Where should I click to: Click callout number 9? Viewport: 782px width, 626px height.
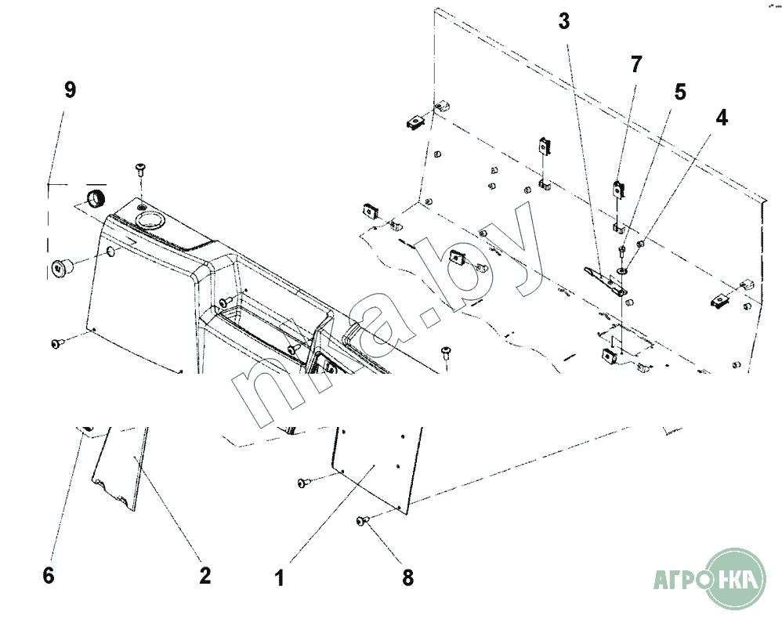click(70, 90)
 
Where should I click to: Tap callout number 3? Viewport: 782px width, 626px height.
click(564, 21)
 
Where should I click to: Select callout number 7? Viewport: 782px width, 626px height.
click(636, 64)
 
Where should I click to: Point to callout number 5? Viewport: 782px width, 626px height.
click(680, 92)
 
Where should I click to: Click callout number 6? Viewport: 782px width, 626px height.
click(49, 576)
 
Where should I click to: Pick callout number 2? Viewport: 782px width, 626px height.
click(205, 576)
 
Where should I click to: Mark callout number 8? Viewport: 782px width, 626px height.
click(407, 578)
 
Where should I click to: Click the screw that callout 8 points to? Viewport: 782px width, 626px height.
click(362, 520)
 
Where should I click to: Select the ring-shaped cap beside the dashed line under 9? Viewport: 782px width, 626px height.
click(95, 196)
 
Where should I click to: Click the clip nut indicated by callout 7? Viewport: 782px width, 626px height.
click(619, 189)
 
